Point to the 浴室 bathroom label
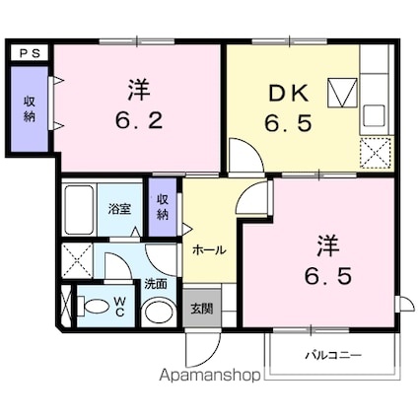[119, 209]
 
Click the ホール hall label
[210, 250]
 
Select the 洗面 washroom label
[156, 283]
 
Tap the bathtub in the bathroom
[78, 208]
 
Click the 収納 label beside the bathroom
[163, 206]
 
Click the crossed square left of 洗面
[76, 262]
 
